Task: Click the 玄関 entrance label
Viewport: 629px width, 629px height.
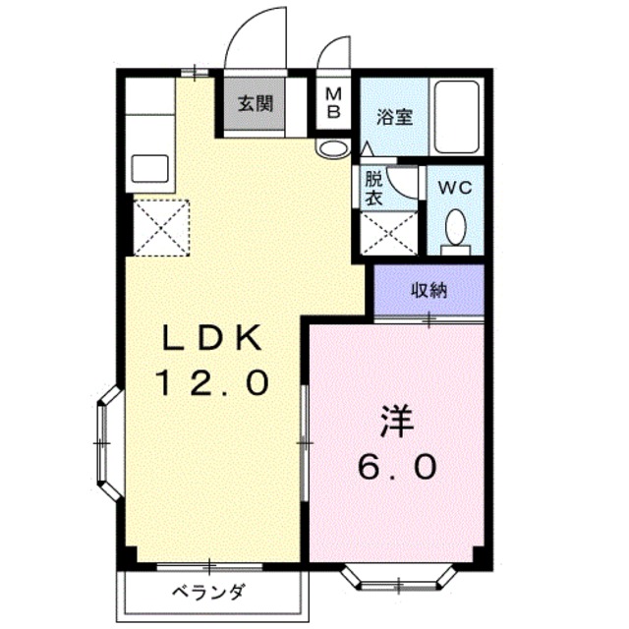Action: [x=254, y=103]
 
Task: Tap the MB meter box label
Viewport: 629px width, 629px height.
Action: [x=334, y=102]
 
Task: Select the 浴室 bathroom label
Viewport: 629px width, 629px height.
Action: [x=395, y=116]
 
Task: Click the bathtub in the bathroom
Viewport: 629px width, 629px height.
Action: [x=456, y=117]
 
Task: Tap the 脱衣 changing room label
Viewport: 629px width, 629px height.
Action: [x=374, y=188]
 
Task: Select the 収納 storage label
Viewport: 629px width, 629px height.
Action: [x=429, y=290]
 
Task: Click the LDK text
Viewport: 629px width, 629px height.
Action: [x=211, y=341]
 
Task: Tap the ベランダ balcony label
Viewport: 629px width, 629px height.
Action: [x=208, y=593]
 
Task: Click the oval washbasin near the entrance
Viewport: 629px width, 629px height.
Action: [x=332, y=148]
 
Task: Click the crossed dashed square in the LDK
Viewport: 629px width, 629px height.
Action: [x=160, y=227]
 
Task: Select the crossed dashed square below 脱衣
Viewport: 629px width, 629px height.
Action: [x=386, y=232]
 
